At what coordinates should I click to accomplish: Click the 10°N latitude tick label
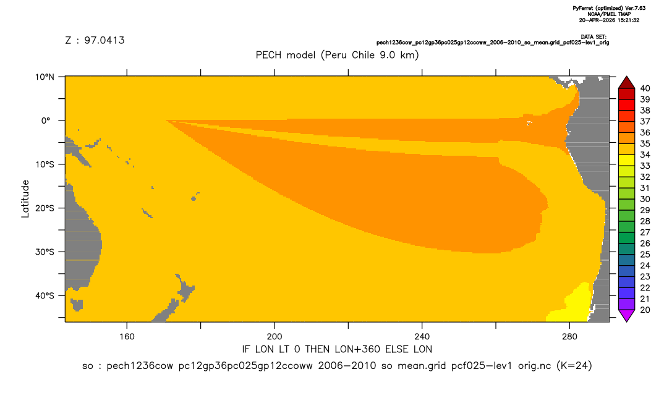[45, 77]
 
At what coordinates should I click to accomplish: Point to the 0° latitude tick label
[46, 121]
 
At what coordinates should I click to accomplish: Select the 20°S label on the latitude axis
[45, 208]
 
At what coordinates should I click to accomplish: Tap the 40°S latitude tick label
[45, 295]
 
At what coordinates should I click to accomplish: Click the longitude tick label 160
[127, 337]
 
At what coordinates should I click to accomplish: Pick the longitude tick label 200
[275, 337]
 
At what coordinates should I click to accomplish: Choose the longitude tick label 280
[569, 337]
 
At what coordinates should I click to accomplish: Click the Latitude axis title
[25, 199]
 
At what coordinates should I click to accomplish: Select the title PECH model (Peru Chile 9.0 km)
[337, 55]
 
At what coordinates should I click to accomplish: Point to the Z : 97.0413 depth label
[95, 41]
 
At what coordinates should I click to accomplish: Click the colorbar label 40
[645, 88]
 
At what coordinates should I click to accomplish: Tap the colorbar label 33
[645, 166]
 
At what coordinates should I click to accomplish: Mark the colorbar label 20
[645, 310]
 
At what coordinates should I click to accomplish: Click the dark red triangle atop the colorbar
[626, 83]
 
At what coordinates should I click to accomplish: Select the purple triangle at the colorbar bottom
[626, 315]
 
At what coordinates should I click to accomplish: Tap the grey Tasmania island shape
[77, 305]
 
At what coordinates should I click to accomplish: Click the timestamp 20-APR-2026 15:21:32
[609, 20]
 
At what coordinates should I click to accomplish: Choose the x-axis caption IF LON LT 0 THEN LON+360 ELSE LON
[337, 349]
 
